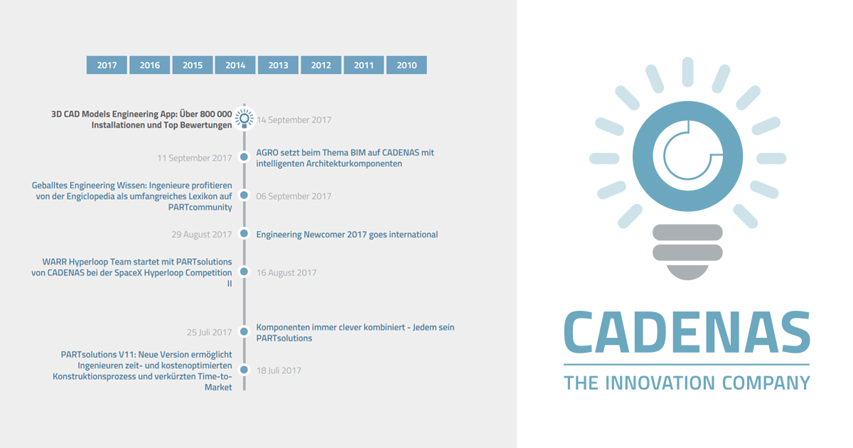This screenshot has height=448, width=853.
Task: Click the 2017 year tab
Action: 107,65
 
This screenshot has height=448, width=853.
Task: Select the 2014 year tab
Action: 235,65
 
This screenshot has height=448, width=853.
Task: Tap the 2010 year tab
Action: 407,65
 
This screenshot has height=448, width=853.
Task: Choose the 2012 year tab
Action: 321,65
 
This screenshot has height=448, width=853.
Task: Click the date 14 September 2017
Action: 294,120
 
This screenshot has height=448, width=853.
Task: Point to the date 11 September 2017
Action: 195,158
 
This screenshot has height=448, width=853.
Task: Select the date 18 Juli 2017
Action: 279,370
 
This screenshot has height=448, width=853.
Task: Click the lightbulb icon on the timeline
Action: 244,119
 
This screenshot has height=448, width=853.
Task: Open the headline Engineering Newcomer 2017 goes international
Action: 347,235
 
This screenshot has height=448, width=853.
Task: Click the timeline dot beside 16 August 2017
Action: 244,272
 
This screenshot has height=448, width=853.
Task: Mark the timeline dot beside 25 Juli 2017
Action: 244,332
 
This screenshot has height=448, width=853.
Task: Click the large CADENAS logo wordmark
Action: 687,332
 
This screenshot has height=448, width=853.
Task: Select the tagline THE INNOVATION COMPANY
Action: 687,383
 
